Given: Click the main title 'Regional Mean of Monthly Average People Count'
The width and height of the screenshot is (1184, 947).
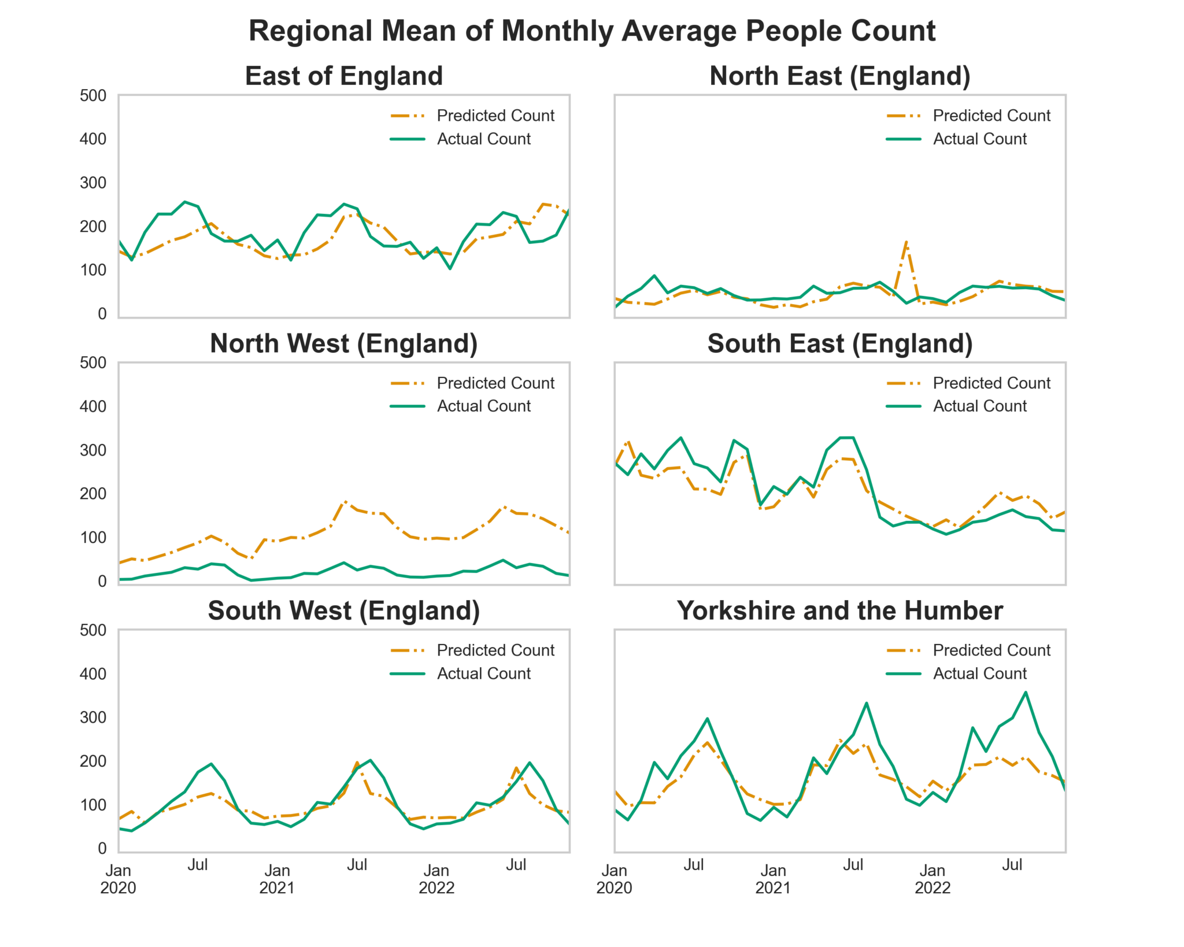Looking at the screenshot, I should click(591, 31).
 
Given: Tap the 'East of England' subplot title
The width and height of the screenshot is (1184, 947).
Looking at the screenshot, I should click(344, 76).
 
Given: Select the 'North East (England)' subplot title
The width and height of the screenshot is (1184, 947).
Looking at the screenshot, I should click(839, 76).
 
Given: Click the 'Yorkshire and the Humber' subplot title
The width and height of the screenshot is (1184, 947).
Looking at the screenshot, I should click(839, 611).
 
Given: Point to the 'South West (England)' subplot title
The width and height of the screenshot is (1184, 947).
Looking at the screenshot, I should click(344, 611).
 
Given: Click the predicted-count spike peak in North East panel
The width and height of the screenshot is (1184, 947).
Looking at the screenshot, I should click(906, 242).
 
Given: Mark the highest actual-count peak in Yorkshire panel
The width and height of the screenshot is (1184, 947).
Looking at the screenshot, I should click(1026, 692).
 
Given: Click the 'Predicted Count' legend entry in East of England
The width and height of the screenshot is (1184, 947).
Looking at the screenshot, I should click(495, 116).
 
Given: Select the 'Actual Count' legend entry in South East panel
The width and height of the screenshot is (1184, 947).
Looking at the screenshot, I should click(979, 406).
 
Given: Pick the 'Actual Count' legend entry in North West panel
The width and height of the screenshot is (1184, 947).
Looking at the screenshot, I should click(483, 406).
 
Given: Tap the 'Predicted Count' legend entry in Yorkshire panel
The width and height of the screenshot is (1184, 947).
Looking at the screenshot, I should click(991, 650).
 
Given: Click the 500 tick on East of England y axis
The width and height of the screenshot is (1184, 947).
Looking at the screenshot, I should click(93, 95).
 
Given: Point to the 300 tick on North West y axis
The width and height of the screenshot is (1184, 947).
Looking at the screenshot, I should click(93, 450).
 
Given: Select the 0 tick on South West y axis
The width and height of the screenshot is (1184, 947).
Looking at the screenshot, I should click(102, 848).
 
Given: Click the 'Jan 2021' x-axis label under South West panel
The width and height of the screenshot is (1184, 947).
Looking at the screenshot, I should click(277, 879).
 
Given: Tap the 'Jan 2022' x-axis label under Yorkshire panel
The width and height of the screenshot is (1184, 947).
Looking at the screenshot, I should click(932, 879).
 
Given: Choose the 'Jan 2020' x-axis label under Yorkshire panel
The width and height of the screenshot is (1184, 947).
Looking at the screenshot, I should click(614, 879).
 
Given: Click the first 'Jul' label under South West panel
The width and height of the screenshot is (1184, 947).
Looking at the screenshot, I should click(198, 865).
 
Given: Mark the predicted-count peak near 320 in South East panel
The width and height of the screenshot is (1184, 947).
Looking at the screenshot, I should click(628, 442).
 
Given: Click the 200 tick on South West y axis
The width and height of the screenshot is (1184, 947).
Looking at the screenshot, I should click(93, 761).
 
